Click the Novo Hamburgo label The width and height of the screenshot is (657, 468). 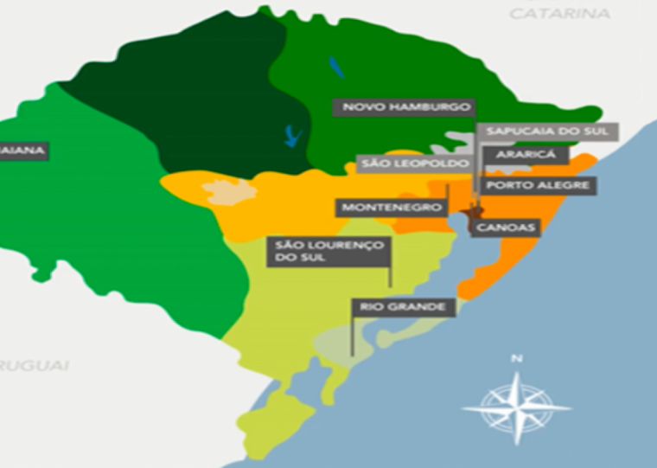[405, 107]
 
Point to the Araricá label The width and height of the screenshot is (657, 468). [524, 156]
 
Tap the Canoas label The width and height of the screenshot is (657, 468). [505, 228]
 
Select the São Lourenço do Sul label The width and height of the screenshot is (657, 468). [328, 252]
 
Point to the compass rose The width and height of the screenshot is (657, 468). [517, 405]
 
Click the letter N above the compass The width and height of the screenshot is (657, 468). [517, 358]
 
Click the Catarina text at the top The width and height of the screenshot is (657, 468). [559, 14]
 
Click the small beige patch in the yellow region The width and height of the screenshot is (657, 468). [228, 192]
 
